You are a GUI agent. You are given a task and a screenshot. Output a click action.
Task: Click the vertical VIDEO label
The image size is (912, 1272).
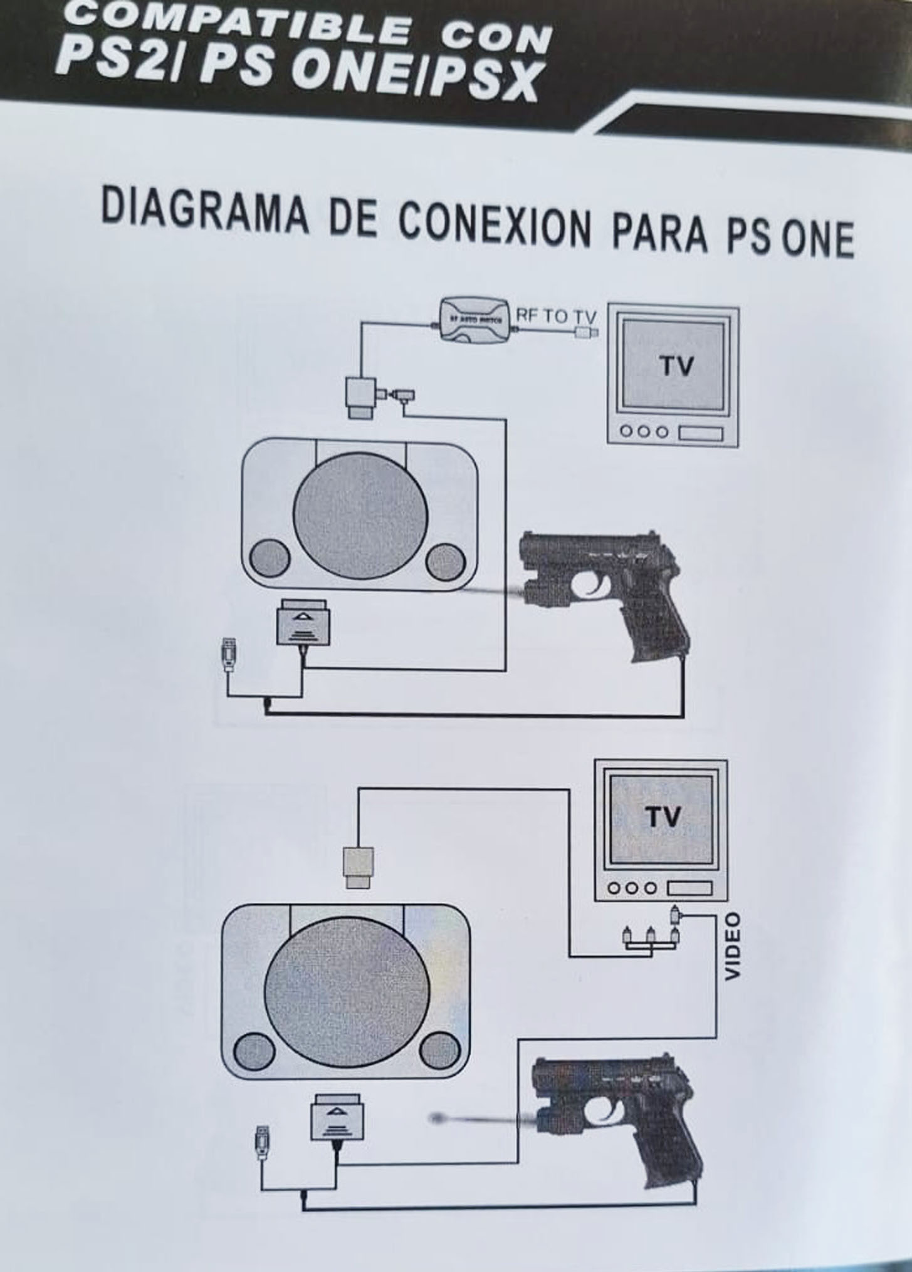[x=733, y=946]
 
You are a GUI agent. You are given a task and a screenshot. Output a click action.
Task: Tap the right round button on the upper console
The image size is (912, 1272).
[x=444, y=561]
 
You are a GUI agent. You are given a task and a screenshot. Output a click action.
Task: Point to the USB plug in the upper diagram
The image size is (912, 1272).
[x=229, y=655]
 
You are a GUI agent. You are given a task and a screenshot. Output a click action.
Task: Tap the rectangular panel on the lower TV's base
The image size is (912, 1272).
[x=689, y=888]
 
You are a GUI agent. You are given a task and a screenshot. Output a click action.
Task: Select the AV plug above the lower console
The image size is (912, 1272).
[x=359, y=866]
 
